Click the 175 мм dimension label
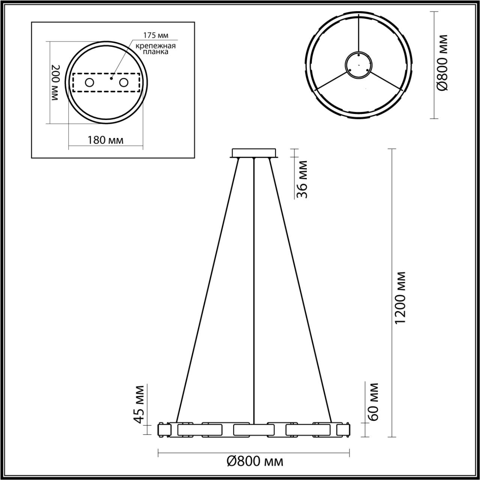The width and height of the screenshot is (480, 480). [156, 35]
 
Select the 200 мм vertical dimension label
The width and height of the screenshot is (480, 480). [55, 82]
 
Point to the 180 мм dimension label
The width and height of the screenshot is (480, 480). [105, 140]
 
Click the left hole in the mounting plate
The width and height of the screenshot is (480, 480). [89, 82]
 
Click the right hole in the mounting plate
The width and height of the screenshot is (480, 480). [123, 82]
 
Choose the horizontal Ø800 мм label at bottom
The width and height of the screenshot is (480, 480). [255, 461]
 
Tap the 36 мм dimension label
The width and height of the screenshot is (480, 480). [302, 180]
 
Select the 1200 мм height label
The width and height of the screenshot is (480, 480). [400, 298]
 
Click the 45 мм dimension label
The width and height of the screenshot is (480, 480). [139, 405]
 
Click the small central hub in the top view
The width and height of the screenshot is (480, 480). [358, 65]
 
